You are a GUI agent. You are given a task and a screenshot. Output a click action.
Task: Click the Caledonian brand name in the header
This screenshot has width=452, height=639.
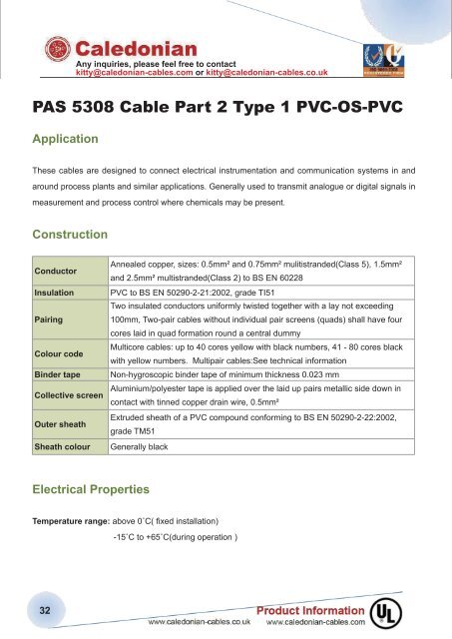coord(136,48)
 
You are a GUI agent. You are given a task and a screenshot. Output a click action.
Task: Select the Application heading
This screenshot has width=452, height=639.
coord(71,141)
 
